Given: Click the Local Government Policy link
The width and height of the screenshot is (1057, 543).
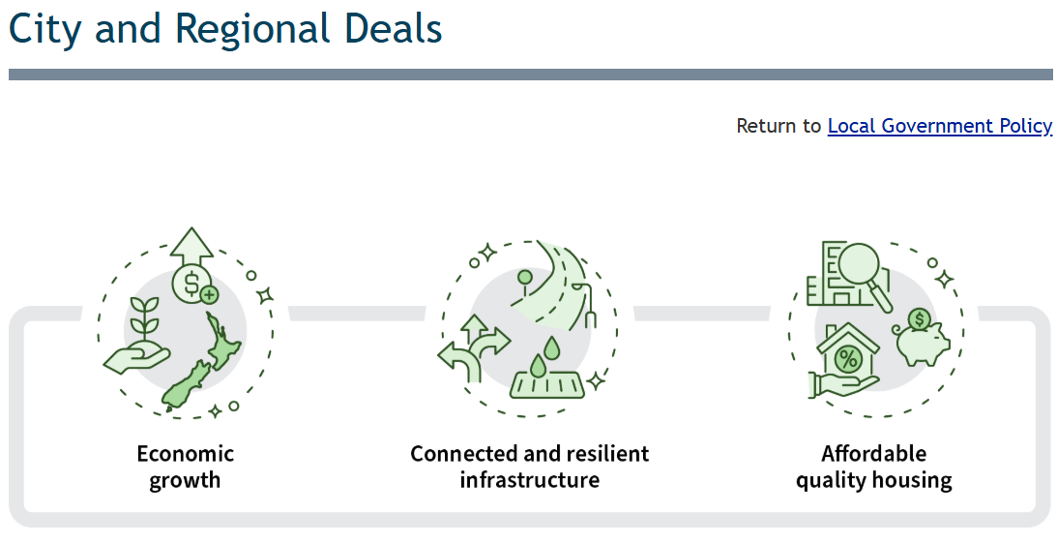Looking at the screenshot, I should coord(939,126).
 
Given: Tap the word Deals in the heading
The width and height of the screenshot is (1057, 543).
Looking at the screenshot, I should coord(391,29).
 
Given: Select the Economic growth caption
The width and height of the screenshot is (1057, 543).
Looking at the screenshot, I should coord(185,467).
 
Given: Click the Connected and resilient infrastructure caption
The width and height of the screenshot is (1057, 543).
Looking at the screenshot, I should coord(529,467).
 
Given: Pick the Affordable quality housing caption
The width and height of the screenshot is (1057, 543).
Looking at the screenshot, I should coord(873,467).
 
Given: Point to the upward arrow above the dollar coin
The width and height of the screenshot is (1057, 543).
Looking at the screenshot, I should coord(191,245).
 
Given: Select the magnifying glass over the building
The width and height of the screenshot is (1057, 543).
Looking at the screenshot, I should coord(864,270).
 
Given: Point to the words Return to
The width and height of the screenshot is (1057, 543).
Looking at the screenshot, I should coord(778,126).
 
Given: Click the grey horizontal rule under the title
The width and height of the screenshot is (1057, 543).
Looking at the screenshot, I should coord(530,75).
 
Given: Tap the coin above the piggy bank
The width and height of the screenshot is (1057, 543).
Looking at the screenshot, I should coord(920,318).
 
